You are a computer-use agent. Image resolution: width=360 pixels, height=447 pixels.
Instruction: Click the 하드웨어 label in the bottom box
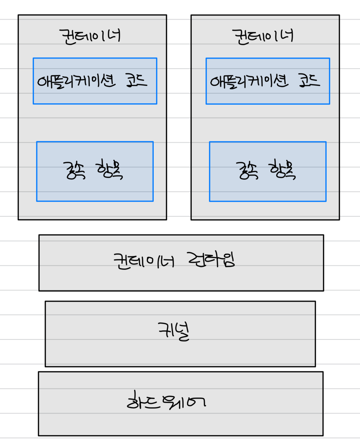[166, 401]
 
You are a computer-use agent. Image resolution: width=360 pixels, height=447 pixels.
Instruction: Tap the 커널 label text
[174, 331]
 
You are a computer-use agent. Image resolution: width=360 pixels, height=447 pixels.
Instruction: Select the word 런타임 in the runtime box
[211, 260]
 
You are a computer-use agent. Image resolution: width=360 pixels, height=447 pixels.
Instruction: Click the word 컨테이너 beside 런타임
[144, 261]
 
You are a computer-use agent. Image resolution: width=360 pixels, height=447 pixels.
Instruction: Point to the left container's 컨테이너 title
[90, 36]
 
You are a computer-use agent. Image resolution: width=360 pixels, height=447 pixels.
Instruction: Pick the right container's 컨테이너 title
[263, 36]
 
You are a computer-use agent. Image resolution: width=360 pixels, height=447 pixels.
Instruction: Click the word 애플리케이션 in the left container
[76, 81]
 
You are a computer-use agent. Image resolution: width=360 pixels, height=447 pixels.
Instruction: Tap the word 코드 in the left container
[136, 80]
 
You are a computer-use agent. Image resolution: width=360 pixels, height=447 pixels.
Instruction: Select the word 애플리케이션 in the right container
[249, 81]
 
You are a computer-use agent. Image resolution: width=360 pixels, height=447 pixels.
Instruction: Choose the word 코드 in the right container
[309, 80]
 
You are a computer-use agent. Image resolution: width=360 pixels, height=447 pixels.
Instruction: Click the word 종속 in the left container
[74, 170]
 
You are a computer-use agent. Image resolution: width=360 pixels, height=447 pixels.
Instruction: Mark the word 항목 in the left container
[109, 170]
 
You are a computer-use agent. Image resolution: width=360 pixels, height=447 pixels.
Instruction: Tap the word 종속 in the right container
[247, 170]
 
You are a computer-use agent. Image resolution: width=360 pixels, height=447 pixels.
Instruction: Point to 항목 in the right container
[282, 170]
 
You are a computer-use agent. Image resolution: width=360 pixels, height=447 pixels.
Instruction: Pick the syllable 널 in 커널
[182, 332]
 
